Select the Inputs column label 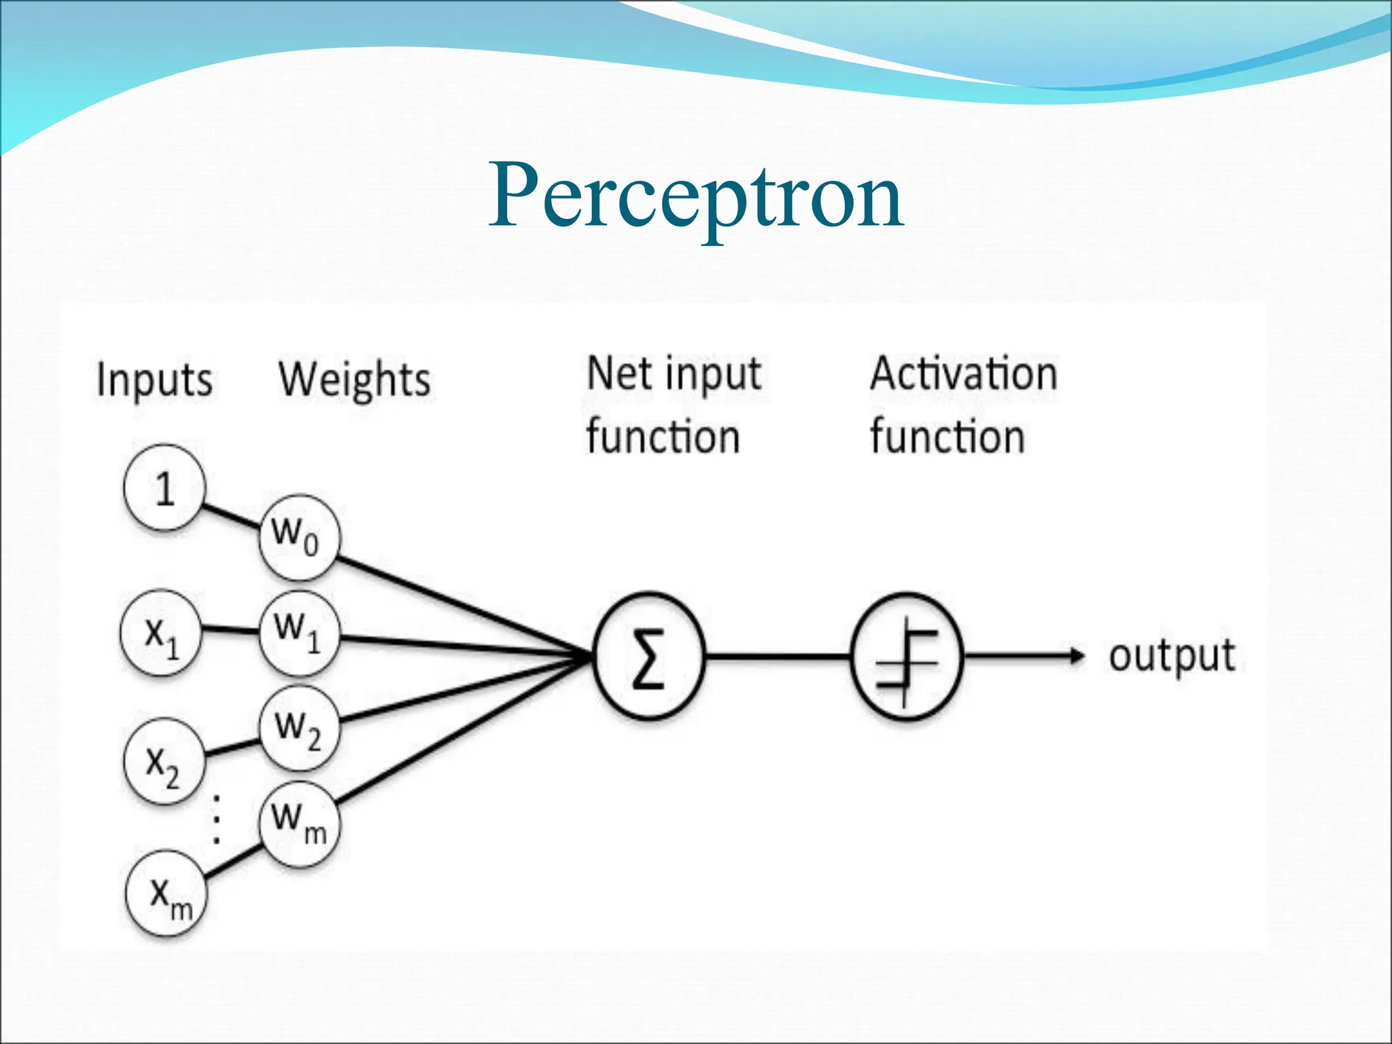[154, 379]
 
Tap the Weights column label [354, 379]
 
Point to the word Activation [964, 374]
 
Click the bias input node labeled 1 [164, 488]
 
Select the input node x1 [161, 633]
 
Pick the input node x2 [163, 763]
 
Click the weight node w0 [299, 538]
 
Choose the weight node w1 [299, 633]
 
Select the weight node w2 [299, 729]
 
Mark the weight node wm [299, 823]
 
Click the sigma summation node [649, 657]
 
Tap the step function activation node [907, 657]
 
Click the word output [1172, 657]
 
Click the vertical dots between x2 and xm [216, 818]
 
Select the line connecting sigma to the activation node [778, 657]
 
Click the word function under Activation [947, 436]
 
